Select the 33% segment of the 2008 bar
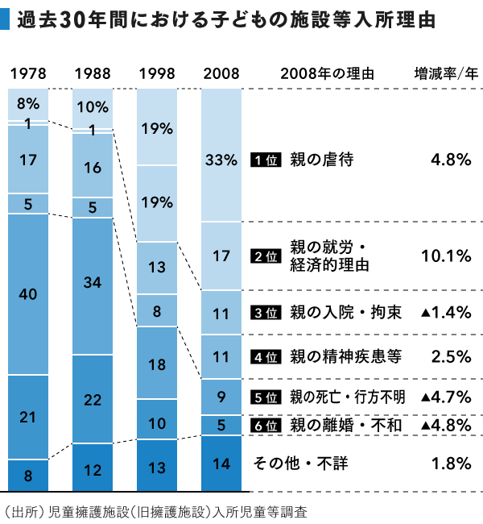221,160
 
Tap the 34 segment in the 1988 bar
93,282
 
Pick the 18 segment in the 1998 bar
157,364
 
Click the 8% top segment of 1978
28,103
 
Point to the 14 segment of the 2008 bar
221,463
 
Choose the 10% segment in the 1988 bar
93,106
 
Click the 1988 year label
93,74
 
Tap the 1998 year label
157,74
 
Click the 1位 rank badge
265,160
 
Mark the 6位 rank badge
265,424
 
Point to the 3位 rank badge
265,313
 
